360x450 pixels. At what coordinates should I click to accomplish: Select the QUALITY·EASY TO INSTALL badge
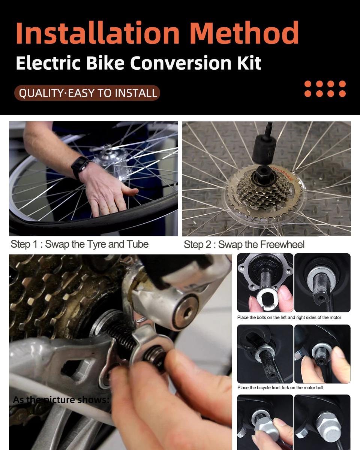pos(87,93)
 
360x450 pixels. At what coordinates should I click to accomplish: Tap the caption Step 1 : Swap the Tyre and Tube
pos(79,244)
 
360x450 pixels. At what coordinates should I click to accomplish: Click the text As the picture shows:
pos(61,400)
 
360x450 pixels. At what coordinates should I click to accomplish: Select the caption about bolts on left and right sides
pos(289,317)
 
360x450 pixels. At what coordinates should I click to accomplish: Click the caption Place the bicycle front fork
pos(280,387)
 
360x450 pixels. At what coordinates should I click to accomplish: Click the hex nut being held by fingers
pos(267,427)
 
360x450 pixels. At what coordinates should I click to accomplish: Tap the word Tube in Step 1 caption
pos(138,244)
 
